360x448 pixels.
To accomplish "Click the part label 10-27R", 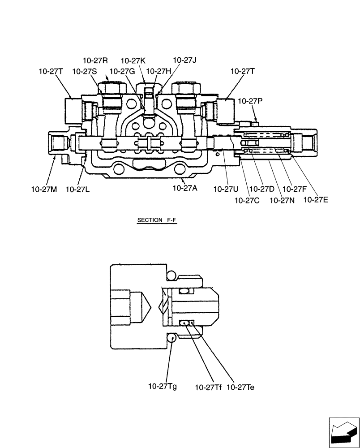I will [95, 60].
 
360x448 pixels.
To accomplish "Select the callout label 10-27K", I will [133, 60].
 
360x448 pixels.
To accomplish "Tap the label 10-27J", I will [185, 60].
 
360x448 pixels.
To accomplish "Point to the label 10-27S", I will [84, 71].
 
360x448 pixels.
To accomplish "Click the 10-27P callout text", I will [250, 101].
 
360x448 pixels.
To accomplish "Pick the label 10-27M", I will [44, 189].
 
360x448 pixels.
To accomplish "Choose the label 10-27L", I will [77, 189].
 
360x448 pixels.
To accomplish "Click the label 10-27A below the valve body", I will [185, 189].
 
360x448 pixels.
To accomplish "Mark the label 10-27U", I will [225, 189].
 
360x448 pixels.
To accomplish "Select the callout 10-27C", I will [247, 200].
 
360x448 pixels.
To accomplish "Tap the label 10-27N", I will [282, 200].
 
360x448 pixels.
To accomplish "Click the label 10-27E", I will [316, 200].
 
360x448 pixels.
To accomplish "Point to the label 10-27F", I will [294, 189].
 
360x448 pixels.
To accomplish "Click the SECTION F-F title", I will [154, 220].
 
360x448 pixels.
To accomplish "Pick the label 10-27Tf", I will [208, 387].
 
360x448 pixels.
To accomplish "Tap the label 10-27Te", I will [240, 387].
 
